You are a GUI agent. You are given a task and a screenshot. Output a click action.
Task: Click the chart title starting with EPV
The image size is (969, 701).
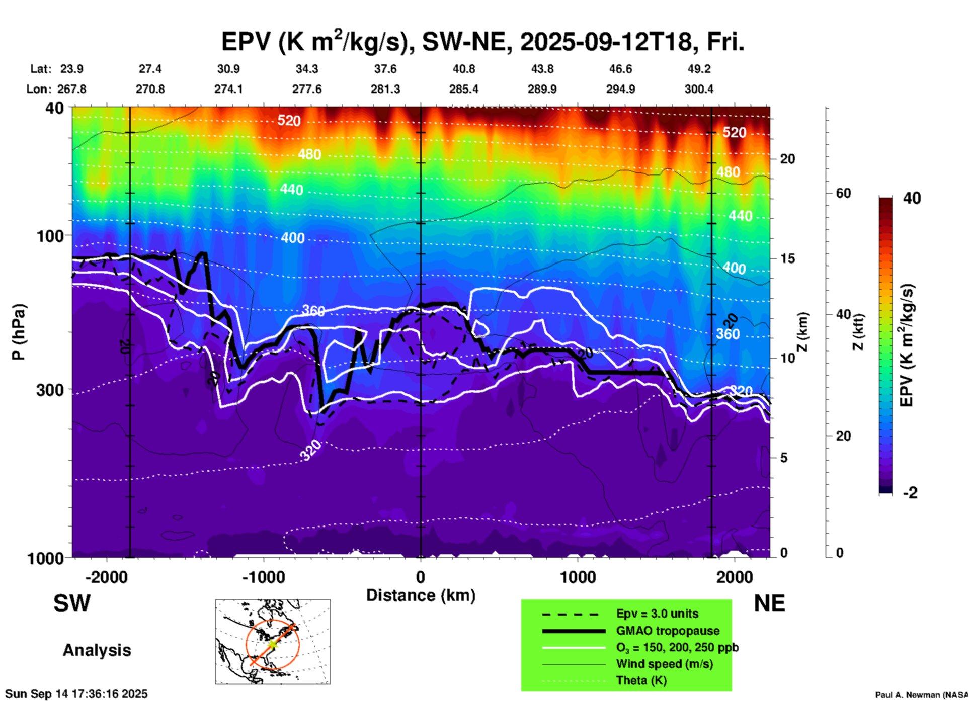pyautogui.click(x=482, y=42)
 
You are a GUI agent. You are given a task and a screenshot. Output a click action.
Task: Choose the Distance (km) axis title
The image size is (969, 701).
pyautogui.click(x=421, y=595)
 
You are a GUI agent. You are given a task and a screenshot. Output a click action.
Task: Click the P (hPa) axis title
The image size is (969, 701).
pyautogui.click(x=19, y=331)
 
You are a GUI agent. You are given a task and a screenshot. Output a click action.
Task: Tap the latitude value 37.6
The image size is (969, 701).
pyautogui.click(x=385, y=69)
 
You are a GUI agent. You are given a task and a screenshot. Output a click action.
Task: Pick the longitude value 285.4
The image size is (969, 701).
pyautogui.click(x=463, y=89)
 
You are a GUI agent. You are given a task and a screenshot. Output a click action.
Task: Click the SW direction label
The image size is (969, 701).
pyautogui.click(x=72, y=603)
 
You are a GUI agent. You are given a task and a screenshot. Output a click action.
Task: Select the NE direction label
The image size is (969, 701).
pyautogui.click(x=769, y=603)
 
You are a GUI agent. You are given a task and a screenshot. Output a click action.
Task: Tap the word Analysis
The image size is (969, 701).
pyautogui.click(x=97, y=650)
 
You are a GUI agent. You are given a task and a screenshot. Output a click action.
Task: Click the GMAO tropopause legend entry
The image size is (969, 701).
pyautogui.click(x=668, y=631)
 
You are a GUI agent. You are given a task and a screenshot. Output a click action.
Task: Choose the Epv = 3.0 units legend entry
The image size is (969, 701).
pyautogui.click(x=657, y=614)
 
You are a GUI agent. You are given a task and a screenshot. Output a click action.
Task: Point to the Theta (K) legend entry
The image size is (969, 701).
pyautogui.click(x=641, y=680)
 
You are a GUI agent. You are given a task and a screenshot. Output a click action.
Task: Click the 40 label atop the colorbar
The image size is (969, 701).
pyautogui.click(x=912, y=198)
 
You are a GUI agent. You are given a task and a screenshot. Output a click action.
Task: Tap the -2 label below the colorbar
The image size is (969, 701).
pyautogui.click(x=910, y=492)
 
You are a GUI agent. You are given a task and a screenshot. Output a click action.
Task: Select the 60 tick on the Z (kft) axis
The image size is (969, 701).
pyautogui.click(x=843, y=193)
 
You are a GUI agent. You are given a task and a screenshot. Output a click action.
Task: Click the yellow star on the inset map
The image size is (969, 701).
pyautogui.click(x=272, y=644)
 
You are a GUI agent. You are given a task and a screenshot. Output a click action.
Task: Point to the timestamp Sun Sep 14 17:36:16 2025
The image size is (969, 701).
pyautogui.click(x=76, y=694)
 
